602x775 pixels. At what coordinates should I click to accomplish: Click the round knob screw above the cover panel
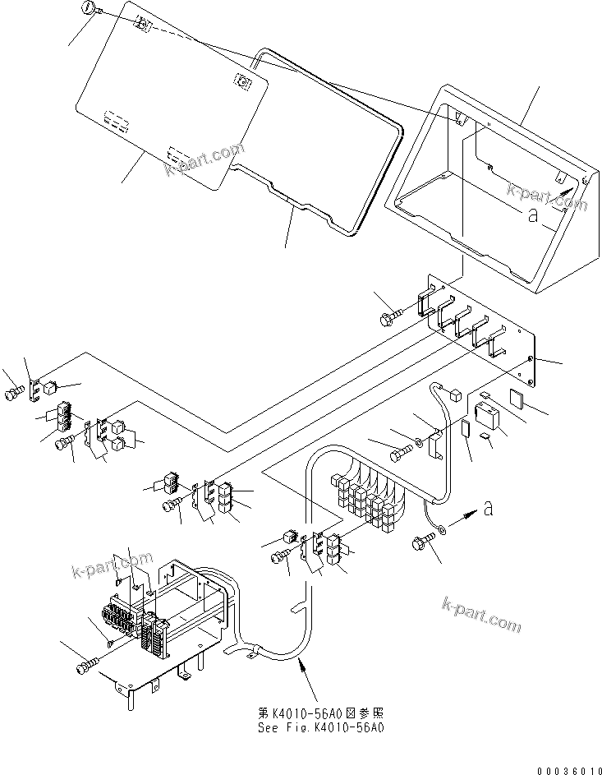[x=90, y=9]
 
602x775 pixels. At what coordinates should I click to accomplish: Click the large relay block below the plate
[x=484, y=412]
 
